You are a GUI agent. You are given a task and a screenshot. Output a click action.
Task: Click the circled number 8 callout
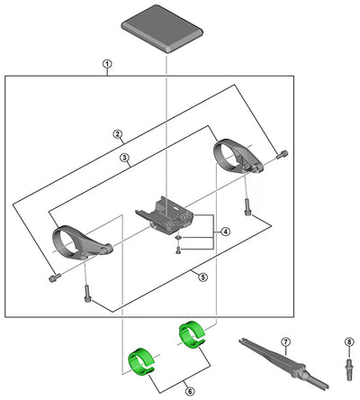(348, 341)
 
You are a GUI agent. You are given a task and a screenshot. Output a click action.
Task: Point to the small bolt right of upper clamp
(282, 153)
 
